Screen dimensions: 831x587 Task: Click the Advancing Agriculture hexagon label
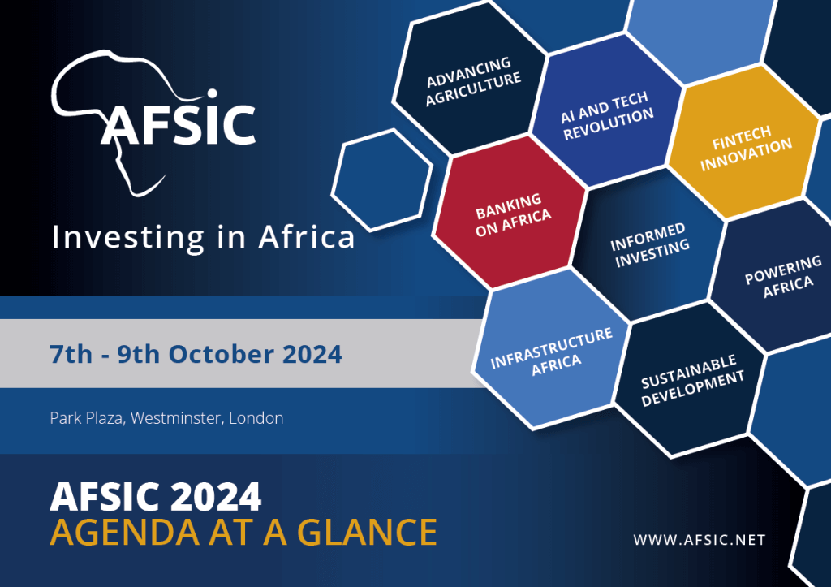(473, 81)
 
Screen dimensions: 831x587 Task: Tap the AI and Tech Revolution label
(607, 115)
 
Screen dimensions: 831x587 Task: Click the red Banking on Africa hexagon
(510, 213)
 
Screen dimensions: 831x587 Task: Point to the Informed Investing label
(649, 244)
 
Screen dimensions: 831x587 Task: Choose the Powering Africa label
(784, 276)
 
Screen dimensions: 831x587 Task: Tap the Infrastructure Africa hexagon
(551, 349)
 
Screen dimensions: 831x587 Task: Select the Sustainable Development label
(692, 380)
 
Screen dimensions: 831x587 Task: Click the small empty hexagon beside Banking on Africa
(382, 179)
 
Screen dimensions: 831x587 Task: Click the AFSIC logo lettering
(179, 124)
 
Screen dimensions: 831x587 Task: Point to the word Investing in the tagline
(127, 238)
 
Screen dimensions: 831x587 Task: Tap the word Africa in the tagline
(306, 237)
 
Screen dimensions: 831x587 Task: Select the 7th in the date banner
(71, 354)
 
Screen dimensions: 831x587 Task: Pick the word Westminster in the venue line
(176, 418)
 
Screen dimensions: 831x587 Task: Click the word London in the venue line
(256, 418)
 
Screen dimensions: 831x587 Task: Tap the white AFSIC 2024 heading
(156, 497)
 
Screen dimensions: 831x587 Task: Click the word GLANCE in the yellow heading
(368, 532)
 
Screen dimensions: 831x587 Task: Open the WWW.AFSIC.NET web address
(700, 540)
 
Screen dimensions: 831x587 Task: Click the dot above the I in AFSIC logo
(212, 94)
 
